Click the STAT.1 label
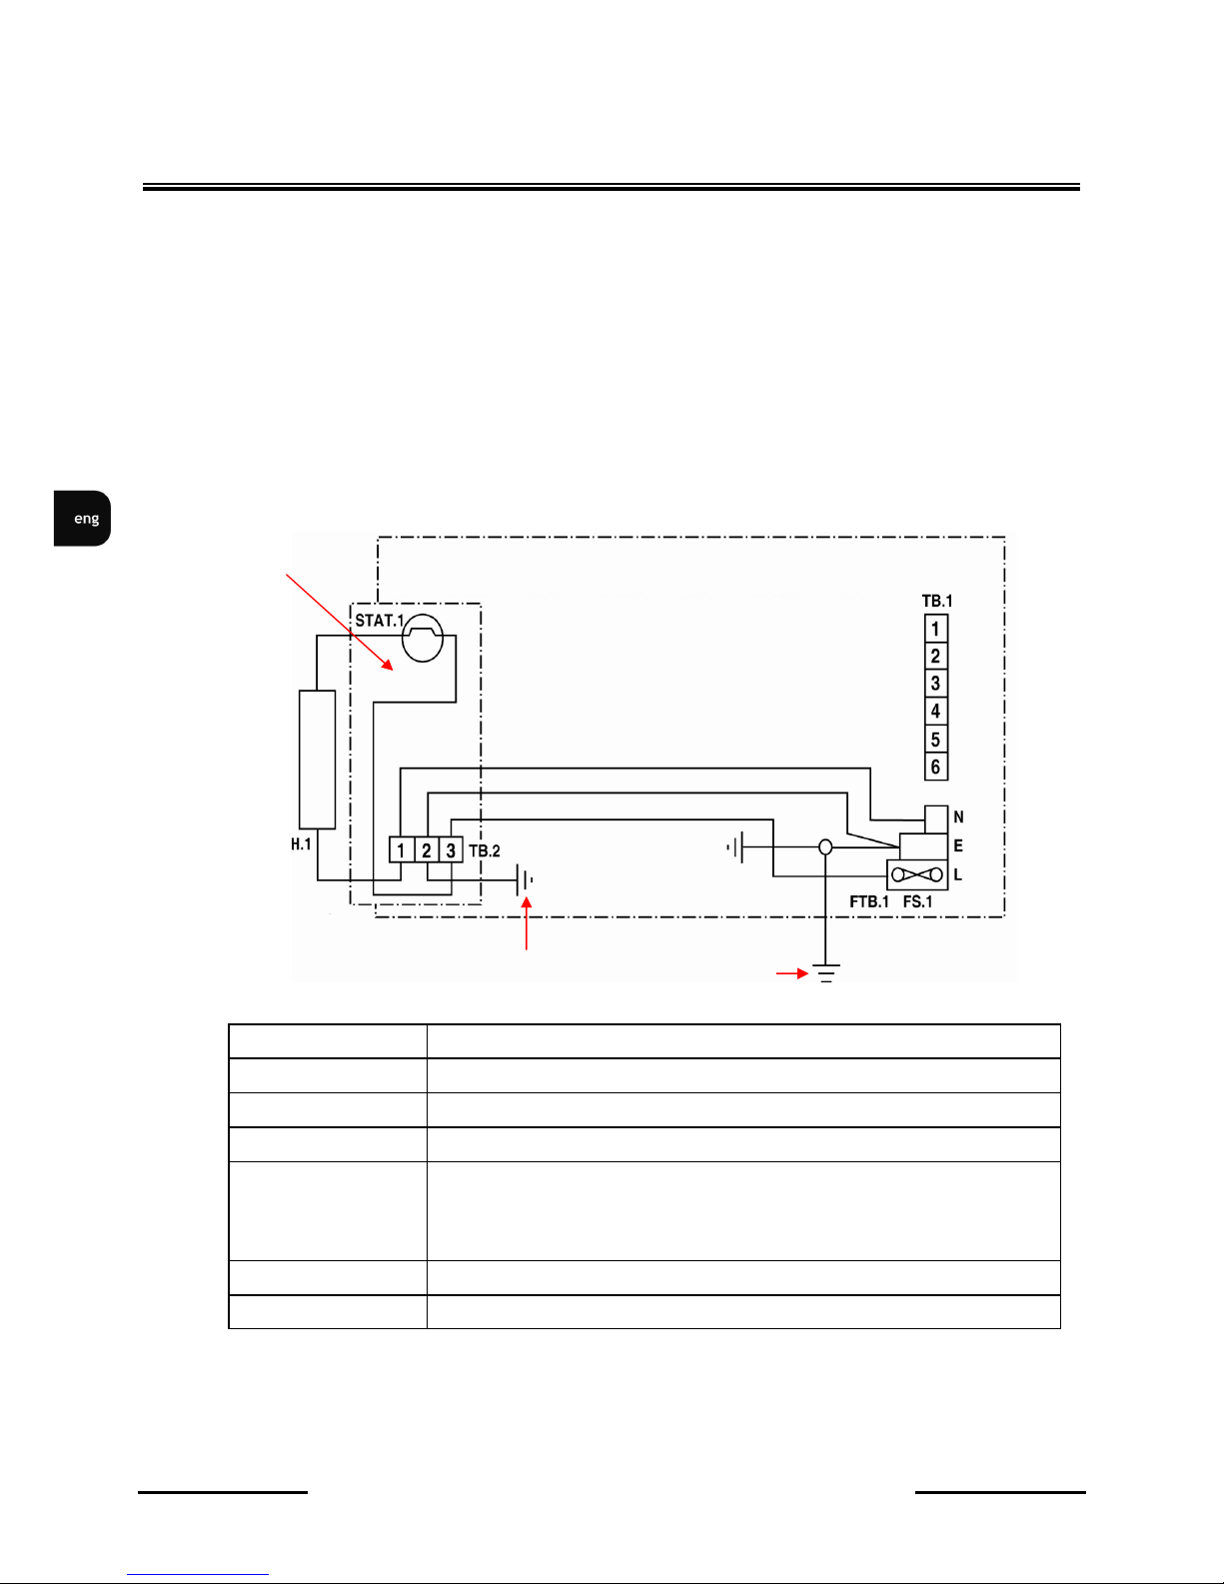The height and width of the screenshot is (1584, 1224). [x=379, y=621]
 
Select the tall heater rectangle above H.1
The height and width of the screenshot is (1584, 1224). [x=317, y=759]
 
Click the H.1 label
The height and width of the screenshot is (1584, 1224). [x=301, y=844]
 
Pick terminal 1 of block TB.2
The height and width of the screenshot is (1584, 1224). [x=402, y=849]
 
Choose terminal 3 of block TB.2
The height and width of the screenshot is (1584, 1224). [x=451, y=849]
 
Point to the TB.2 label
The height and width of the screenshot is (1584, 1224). [x=485, y=850]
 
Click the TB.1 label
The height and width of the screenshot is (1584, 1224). [x=937, y=601]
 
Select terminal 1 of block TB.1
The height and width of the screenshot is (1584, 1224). [x=936, y=629]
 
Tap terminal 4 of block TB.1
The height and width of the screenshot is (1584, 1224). [x=936, y=711]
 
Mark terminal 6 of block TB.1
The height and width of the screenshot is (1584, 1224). [x=936, y=767]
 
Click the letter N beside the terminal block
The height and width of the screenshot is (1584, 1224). [x=959, y=817]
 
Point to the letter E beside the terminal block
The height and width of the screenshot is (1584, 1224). [x=958, y=845]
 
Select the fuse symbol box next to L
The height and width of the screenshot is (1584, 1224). [x=917, y=874]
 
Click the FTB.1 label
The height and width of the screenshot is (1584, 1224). [x=869, y=901]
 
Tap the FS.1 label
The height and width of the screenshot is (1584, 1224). [x=918, y=901]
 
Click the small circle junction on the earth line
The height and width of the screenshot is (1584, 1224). [x=825, y=847]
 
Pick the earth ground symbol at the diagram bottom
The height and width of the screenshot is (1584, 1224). [x=825, y=973]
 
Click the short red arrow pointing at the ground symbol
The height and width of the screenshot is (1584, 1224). [x=792, y=973]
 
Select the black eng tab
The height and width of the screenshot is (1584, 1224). [x=82, y=519]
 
